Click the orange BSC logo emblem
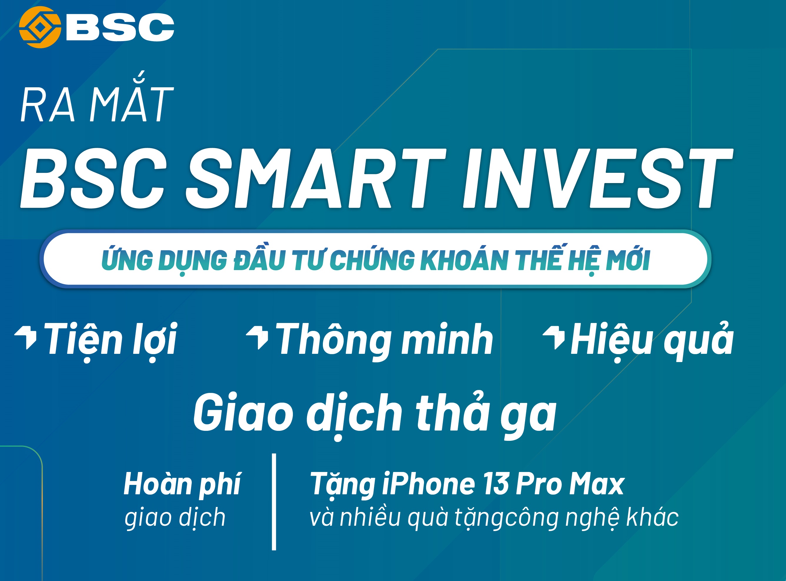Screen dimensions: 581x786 pos(40,27)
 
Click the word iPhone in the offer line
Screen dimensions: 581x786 pos(428,484)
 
